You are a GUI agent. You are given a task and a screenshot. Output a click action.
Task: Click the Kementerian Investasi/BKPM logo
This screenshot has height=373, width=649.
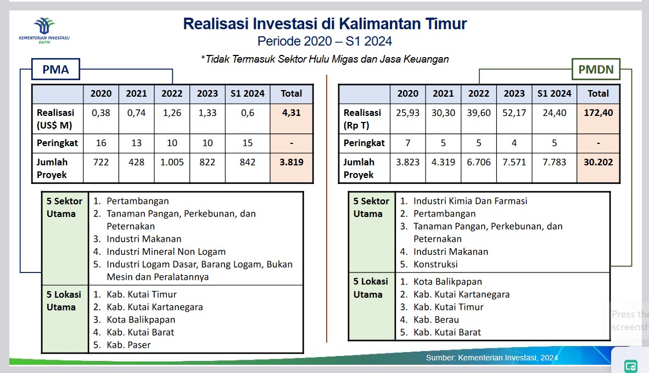(x=44, y=31)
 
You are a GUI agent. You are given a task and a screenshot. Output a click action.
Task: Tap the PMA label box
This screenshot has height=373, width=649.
(x=56, y=69)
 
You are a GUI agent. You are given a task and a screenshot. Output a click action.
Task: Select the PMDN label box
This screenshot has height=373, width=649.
(x=596, y=69)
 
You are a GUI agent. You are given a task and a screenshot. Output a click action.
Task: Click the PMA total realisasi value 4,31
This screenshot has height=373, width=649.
(x=292, y=113)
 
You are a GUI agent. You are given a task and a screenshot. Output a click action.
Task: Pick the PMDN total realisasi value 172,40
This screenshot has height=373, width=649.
(x=598, y=113)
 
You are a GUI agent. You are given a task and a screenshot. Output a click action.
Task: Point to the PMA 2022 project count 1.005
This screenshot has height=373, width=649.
(x=172, y=162)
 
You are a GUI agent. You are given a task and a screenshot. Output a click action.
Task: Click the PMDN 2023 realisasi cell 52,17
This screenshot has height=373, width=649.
(x=514, y=113)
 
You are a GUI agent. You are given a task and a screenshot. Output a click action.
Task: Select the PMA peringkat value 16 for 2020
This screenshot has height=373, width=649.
(x=101, y=143)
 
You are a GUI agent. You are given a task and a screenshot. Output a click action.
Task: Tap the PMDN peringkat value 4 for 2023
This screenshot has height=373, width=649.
(x=514, y=143)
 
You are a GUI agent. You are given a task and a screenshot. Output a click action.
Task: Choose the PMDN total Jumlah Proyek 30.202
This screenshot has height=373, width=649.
(x=598, y=162)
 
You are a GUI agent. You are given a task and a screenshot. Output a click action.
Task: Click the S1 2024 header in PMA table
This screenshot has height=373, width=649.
(x=248, y=93)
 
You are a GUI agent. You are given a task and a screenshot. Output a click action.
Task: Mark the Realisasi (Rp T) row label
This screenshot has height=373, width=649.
(x=362, y=119)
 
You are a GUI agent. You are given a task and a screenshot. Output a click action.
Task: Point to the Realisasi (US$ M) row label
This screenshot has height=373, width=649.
(x=55, y=119)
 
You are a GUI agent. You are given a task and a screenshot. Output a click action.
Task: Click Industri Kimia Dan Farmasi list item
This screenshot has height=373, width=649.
(x=470, y=201)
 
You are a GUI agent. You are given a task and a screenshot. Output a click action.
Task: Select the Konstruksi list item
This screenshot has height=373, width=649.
(x=435, y=265)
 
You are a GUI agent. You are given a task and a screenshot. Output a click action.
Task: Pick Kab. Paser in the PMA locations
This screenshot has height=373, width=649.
(x=128, y=346)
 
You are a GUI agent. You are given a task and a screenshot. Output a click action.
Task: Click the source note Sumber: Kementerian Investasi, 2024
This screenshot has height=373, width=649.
(x=492, y=358)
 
